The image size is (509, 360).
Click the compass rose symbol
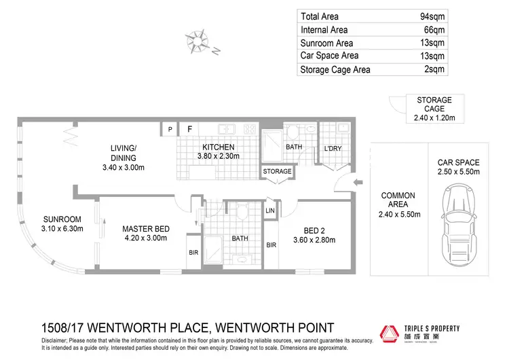(x=198, y=41)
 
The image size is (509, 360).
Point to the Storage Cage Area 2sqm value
(x=434, y=69)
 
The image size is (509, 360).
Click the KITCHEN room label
(x=216, y=147)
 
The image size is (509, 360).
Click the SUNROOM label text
(x=62, y=219)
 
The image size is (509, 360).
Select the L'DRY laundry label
(x=333, y=149)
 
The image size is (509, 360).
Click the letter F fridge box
(x=190, y=128)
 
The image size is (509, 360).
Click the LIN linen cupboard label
(x=271, y=211)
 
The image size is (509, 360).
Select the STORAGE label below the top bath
(x=277, y=171)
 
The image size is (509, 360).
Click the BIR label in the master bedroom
(x=193, y=253)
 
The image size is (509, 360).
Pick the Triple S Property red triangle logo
(x=390, y=334)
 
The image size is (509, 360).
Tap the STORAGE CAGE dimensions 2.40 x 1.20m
(x=434, y=118)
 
